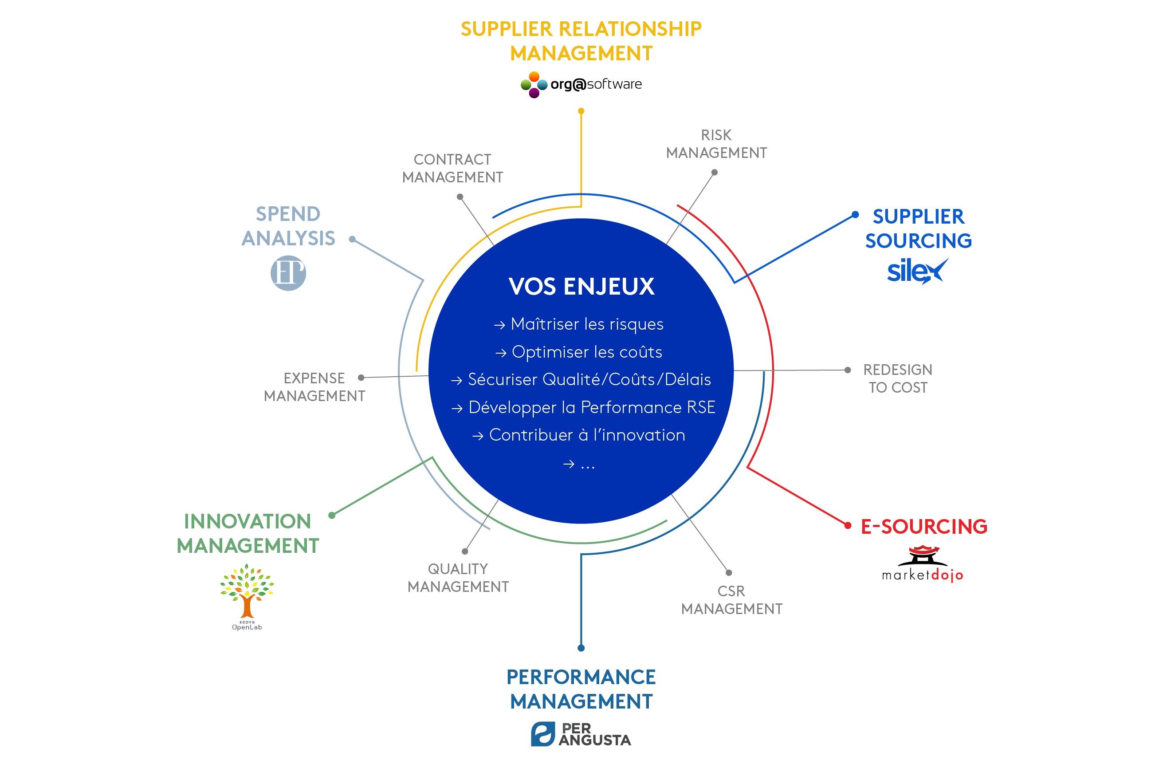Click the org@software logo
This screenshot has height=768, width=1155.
pos(581,84)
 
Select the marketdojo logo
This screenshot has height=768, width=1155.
pos(923,563)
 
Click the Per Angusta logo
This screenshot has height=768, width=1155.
pos(581,734)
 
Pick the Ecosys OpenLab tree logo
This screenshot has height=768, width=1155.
pos(247,597)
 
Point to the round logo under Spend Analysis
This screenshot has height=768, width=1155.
pos(288,273)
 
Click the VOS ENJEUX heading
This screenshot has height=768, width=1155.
pos(581,287)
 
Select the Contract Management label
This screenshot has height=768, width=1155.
pos(452,168)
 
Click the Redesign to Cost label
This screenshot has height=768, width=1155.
pos(897,378)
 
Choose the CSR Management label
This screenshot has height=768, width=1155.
pos(731,600)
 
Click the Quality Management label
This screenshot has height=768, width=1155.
pos(458,578)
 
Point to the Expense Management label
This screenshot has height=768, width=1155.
pos(314,387)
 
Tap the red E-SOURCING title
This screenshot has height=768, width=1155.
pos(924,527)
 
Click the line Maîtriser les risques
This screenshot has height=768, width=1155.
pos(578,324)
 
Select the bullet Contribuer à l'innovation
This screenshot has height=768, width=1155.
pos(578,435)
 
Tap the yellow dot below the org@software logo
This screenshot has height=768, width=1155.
pos(581,111)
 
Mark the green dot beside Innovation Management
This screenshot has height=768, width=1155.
pos(332,515)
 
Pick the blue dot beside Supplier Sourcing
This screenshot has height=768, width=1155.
pos(855,215)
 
